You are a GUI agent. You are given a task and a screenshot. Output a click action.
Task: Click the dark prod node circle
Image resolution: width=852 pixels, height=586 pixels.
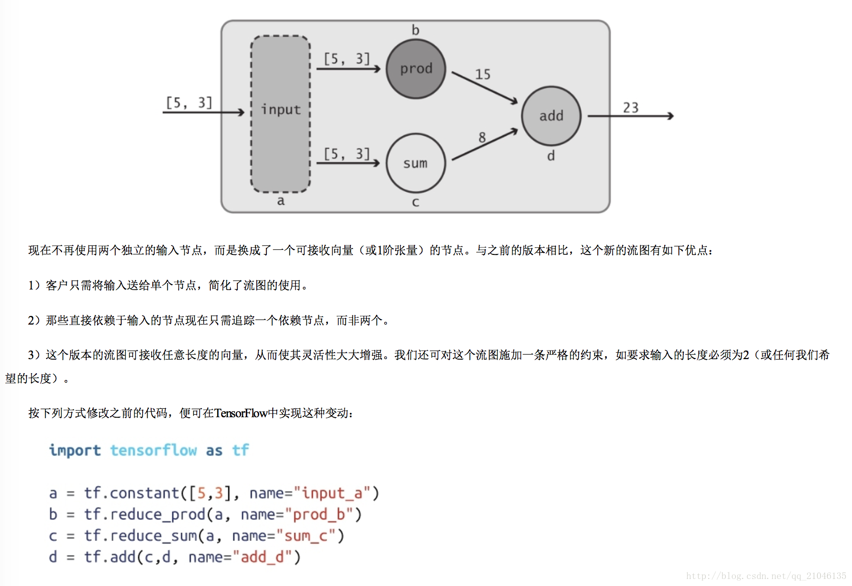coord(416,69)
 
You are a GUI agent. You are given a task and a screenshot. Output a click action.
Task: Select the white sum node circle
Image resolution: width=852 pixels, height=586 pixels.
coord(415,163)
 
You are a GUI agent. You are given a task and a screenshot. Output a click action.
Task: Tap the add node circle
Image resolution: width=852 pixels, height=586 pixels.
coord(551,116)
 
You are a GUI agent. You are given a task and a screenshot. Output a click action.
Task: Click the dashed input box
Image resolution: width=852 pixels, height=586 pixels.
coord(280,114)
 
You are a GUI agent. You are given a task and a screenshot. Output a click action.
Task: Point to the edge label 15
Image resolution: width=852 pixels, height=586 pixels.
coord(483,75)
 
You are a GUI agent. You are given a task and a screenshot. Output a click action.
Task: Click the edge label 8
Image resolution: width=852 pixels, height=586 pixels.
coord(482,137)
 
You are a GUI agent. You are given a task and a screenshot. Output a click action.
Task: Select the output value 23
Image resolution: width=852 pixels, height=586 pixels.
coord(631,108)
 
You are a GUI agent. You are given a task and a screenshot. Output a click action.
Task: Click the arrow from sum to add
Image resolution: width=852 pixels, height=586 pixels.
coord(485,145)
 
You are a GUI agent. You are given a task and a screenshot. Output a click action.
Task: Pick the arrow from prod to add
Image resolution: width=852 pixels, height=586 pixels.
coord(485,88)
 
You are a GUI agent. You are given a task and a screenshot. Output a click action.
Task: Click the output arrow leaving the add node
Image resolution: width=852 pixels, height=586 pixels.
coord(631,116)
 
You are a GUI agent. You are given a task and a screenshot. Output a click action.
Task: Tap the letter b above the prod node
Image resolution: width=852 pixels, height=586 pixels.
coord(415,30)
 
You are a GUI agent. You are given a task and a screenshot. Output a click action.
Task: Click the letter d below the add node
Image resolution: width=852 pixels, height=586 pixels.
coord(551,156)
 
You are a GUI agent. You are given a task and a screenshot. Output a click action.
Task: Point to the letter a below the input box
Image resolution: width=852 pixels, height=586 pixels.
coord(280,201)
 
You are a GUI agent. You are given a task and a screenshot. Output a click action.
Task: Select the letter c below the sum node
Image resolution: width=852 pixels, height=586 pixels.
coord(415,202)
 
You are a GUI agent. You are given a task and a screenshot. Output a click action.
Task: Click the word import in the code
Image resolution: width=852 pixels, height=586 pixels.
coord(75,450)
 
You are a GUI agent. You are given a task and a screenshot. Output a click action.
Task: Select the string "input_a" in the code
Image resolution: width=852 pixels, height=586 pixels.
coord(331,493)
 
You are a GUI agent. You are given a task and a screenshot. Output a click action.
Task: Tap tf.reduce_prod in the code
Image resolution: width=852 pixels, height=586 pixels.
coord(145,514)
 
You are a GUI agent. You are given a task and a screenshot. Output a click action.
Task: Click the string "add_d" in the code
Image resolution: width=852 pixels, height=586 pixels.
coord(262,557)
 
